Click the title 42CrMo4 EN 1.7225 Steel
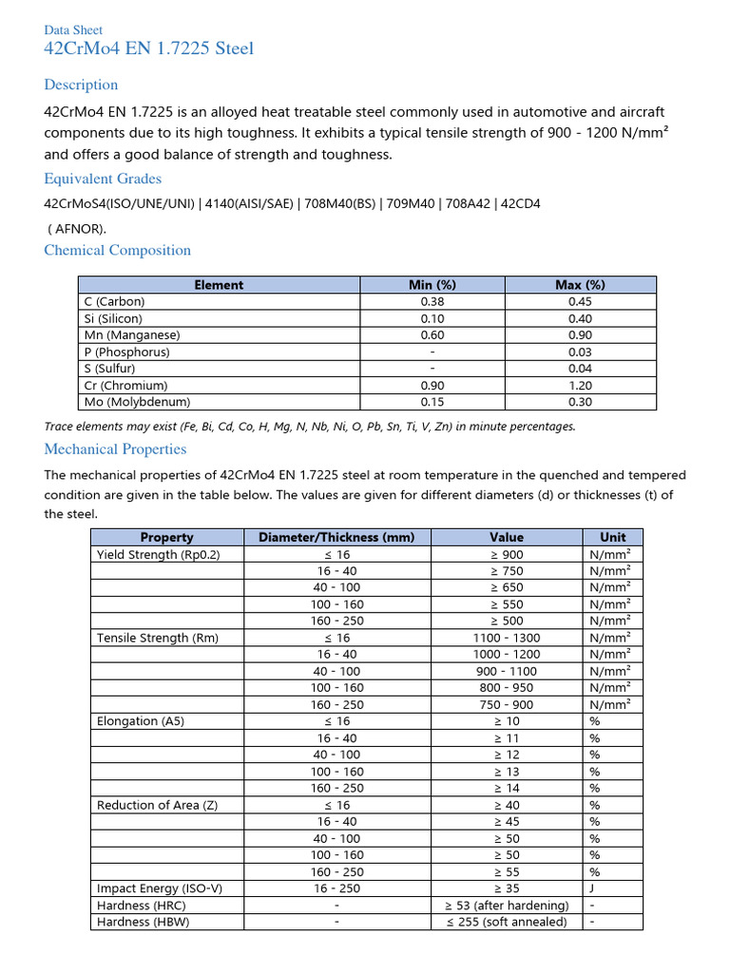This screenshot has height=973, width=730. point(149,48)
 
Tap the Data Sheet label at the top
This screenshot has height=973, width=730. point(73,30)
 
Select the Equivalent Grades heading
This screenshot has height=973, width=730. point(103,179)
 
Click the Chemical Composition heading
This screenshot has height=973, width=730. point(118,250)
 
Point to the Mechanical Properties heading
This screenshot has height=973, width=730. point(115,448)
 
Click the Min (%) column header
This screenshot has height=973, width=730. point(432,285)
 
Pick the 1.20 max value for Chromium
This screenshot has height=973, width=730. point(580,386)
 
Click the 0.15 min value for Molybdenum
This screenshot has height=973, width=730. point(432,402)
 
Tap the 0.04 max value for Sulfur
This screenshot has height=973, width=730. point(580,369)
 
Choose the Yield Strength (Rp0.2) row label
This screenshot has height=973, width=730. point(158,554)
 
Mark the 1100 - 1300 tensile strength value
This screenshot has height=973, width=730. point(507,638)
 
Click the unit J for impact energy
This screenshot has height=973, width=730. point(593,888)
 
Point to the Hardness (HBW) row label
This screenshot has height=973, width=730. point(143,922)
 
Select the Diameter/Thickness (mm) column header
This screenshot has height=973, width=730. point(336,537)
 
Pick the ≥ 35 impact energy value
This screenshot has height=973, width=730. point(507,888)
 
